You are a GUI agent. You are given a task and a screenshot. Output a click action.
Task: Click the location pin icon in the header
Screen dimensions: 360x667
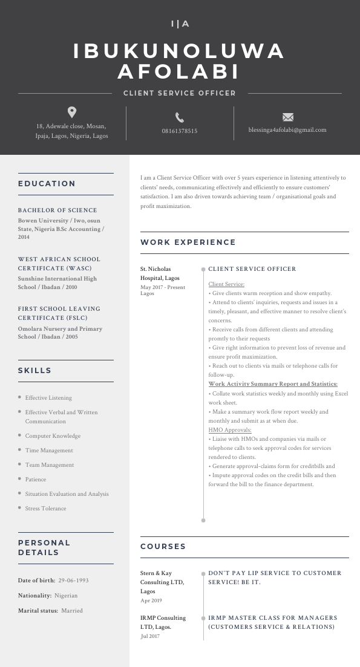click(x=72, y=112)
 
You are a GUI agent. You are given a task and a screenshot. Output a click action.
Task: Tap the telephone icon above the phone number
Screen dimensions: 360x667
click(x=180, y=117)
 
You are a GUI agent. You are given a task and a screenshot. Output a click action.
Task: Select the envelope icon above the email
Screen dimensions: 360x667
click(x=288, y=117)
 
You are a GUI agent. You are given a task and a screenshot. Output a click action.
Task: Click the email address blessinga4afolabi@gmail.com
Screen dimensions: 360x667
click(x=287, y=129)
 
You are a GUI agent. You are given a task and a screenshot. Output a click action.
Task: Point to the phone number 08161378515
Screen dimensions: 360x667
click(x=180, y=131)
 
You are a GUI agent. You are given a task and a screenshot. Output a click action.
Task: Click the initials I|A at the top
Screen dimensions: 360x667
click(x=180, y=24)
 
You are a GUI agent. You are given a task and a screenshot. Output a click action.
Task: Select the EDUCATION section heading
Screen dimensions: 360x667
click(x=47, y=184)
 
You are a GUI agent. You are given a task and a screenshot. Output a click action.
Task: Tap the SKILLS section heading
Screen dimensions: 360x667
click(x=34, y=371)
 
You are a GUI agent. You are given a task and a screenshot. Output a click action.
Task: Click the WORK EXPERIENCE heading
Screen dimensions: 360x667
click(x=188, y=242)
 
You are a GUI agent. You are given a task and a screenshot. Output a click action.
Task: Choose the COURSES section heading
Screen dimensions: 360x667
click(x=163, y=547)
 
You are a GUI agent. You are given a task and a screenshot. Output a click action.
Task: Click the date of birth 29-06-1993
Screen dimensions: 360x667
click(x=73, y=581)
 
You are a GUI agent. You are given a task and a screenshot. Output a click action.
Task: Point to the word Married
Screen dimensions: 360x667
click(x=72, y=611)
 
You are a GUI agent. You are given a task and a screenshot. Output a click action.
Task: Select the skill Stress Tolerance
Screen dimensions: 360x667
click(x=45, y=509)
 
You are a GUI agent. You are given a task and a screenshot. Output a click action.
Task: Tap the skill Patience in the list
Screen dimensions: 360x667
click(x=36, y=480)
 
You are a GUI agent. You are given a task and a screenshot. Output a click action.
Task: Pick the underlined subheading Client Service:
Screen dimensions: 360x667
click(x=226, y=284)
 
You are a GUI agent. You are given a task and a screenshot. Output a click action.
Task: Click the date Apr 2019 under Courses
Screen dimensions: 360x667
click(x=151, y=600)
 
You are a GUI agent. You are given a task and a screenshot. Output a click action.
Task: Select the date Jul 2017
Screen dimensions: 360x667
click(x=150, y=636)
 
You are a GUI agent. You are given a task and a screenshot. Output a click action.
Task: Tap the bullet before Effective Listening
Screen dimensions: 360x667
click(x=20, y=397)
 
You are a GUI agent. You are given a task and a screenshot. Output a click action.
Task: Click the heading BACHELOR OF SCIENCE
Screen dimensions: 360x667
click(x=57, y=210)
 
